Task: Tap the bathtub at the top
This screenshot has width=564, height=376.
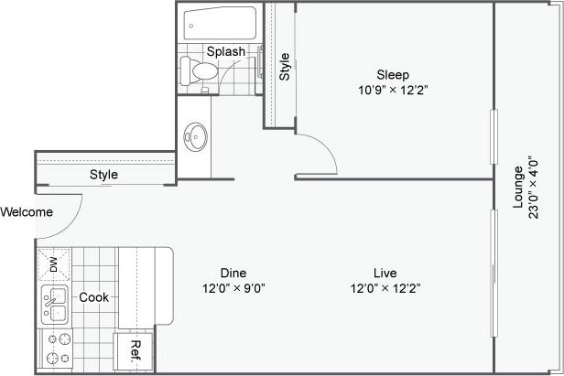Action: pyautogui.click(x=221, y=22)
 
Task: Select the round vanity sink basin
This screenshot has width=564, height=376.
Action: pyautogui.click(x=195, y=137)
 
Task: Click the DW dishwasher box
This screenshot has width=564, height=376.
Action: pyautogui.click(x=53, y=264)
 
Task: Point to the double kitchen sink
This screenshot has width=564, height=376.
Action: pyautogui.click(x=53, y=304)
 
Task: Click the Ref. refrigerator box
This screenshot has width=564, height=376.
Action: pyautogui.click(x=135, y=351)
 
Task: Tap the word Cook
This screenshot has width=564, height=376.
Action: pyautogui.click(x=94, y=297)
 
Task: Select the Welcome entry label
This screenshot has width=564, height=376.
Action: pyautogui.click(x=27, y=212)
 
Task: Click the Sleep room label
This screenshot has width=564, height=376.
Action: pyautogui.click(x=393, y=74)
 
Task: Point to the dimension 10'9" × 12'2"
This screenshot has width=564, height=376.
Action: pyautogui.click(x=393, y=90)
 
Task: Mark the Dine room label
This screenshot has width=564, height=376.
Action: pyautogui.click(x=233, y=272)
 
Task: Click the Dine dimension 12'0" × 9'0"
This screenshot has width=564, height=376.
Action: pyautogui.click(x=233, y=287)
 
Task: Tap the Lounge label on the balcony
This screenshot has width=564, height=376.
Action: pyautogui.click(x=518, y=188)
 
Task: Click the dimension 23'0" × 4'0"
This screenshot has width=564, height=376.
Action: pyautogui.click(x=535, y=188)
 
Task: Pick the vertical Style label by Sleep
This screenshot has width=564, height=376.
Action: pyautogui.click(x=284, y=67)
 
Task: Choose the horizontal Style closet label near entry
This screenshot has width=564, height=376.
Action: pyautogui.click(x=103, y=175)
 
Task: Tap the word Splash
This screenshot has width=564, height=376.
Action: pyautogui.click(x=225, y=51)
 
